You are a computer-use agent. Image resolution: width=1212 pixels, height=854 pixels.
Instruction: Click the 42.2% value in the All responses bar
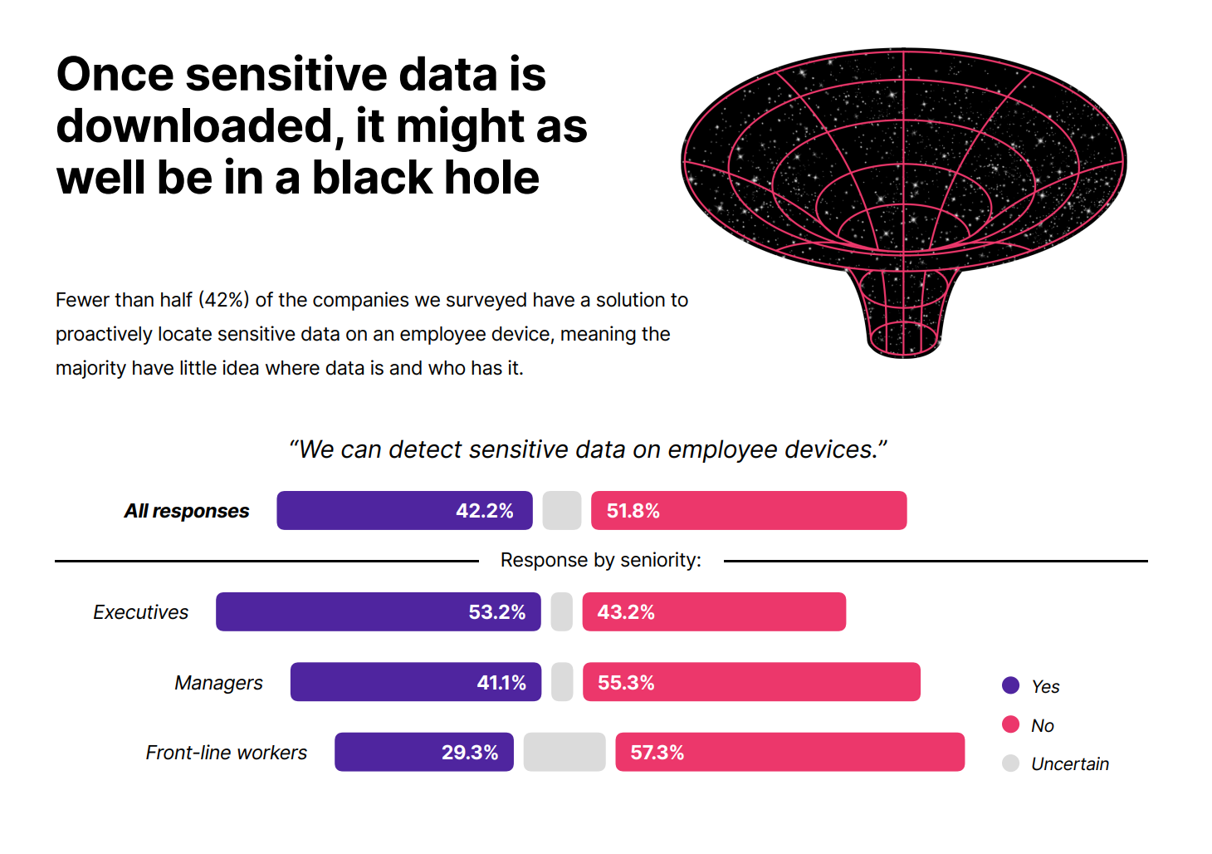[484, 511]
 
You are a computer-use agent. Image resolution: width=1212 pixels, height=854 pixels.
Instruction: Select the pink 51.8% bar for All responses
[748, 511]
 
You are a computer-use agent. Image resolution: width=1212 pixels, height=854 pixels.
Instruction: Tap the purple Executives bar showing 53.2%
[378, 612]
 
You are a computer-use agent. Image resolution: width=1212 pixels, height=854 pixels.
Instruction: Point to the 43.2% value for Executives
[626, 612]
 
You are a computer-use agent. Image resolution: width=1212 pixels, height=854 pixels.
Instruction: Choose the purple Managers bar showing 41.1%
[415, 682]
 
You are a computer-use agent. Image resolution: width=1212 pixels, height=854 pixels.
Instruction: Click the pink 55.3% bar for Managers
[751, 682]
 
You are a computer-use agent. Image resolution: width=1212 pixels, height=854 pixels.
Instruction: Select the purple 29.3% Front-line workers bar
[423, 752]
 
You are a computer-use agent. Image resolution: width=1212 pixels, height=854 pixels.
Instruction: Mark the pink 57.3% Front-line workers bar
[789, 752]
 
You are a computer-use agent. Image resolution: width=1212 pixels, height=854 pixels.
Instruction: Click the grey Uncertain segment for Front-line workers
[564, 752]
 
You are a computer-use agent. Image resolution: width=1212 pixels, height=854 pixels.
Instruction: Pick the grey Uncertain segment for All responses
[562, 511]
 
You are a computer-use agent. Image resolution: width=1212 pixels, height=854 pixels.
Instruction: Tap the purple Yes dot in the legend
[1010, 685]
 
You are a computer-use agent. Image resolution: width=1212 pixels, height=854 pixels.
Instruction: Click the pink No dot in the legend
[1010, 724]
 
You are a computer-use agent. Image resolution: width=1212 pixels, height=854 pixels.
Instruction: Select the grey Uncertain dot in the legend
[1010, 763]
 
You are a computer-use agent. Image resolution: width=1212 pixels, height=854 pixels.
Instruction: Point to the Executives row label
[140, 612]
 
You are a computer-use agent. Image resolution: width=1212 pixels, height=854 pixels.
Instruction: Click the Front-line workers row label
[226, 753]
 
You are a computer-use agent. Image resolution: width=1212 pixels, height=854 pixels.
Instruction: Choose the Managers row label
[218, 683]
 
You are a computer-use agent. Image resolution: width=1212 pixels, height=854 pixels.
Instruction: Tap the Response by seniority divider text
[600, 561]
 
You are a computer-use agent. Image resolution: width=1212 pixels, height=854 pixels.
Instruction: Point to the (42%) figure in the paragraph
[224, 300]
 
